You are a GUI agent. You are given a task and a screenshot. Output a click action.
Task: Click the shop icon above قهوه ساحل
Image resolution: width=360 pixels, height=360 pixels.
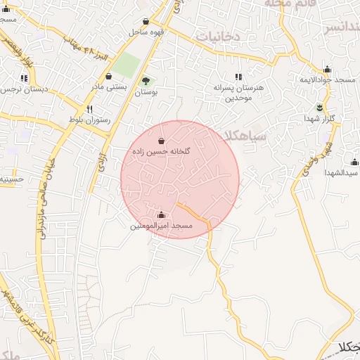(146, 22)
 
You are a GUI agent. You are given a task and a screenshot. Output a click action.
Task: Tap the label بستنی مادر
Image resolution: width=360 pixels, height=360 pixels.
(108, 87)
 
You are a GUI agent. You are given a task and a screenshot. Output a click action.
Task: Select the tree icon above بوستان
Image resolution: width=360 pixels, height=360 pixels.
(146, 81)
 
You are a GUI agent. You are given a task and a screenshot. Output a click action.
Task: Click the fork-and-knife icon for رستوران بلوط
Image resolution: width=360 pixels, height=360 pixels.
(89, 109)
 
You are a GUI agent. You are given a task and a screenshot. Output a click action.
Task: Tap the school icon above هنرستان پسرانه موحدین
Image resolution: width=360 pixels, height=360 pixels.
(238, 77)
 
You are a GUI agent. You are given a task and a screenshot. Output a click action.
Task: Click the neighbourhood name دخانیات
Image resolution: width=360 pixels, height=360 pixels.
(218, 35)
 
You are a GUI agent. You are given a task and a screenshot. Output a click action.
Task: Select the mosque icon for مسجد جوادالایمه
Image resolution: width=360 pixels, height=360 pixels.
(327, 70)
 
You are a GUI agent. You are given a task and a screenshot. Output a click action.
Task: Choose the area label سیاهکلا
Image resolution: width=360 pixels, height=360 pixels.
(242, 136)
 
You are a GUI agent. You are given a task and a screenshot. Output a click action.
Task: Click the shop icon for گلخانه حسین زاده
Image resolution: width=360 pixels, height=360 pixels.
(162, 141)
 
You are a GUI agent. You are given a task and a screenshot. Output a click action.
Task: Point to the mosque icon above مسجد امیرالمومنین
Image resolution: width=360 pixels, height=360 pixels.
(162, 215)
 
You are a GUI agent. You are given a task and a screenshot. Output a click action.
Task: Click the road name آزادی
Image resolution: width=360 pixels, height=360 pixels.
(101, 161)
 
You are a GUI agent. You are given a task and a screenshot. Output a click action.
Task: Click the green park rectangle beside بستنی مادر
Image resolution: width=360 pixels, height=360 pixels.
(127, 65)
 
